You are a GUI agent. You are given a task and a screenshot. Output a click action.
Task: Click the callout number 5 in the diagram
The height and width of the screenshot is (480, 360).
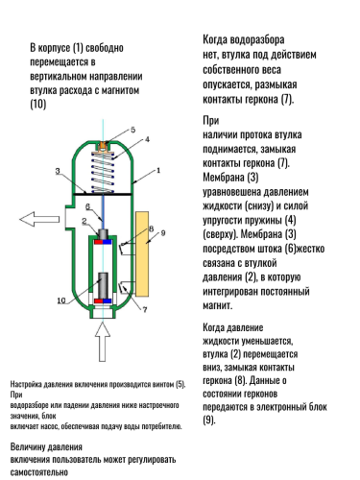point(133,128)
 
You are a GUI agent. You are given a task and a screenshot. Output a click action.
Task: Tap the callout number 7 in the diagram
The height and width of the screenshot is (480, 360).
point(132,311)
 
